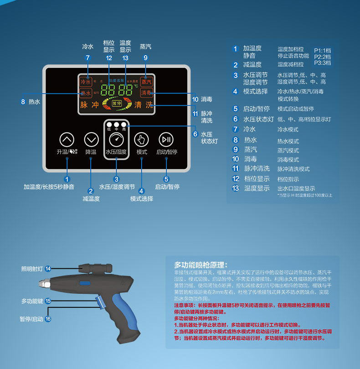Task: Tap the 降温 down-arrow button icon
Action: click(92, 139)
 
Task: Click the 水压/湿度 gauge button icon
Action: click(116, 139)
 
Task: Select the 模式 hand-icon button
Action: click(141, 139)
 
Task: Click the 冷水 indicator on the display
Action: click(86, 82)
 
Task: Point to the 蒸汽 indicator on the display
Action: click(146, 82)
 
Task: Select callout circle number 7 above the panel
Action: click(87, 58)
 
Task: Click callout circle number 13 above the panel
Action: click(126, 58)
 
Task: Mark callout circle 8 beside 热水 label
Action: click(23, 102)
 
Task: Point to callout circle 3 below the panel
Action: click(117, 179)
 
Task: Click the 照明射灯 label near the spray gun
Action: click(31, 268)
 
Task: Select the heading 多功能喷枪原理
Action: click(201, 265)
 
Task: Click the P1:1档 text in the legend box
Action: click(322, 50)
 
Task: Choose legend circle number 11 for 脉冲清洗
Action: click(236, 168)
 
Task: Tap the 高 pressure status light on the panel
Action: click(123, 124)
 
